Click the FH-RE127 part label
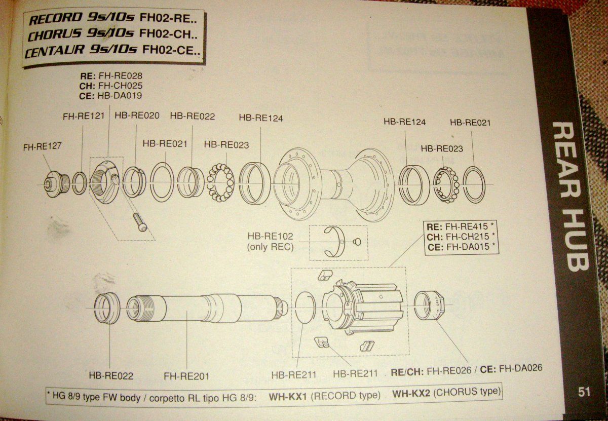pos(43,147)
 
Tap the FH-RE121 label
pos(84,116)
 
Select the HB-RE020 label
pos(137,116)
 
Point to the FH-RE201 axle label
pos(186,376)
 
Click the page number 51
pos(584,392)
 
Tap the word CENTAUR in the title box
pos(55,51)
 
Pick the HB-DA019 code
pos(120,96)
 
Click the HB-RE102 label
pos(271,236)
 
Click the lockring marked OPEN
pos(429,305)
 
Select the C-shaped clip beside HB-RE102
pos(335,242)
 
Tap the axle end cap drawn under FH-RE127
pos(56,184)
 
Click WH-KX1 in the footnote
pos(288,397)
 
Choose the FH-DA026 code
pos(521,368)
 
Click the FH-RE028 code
pos(120,75)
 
